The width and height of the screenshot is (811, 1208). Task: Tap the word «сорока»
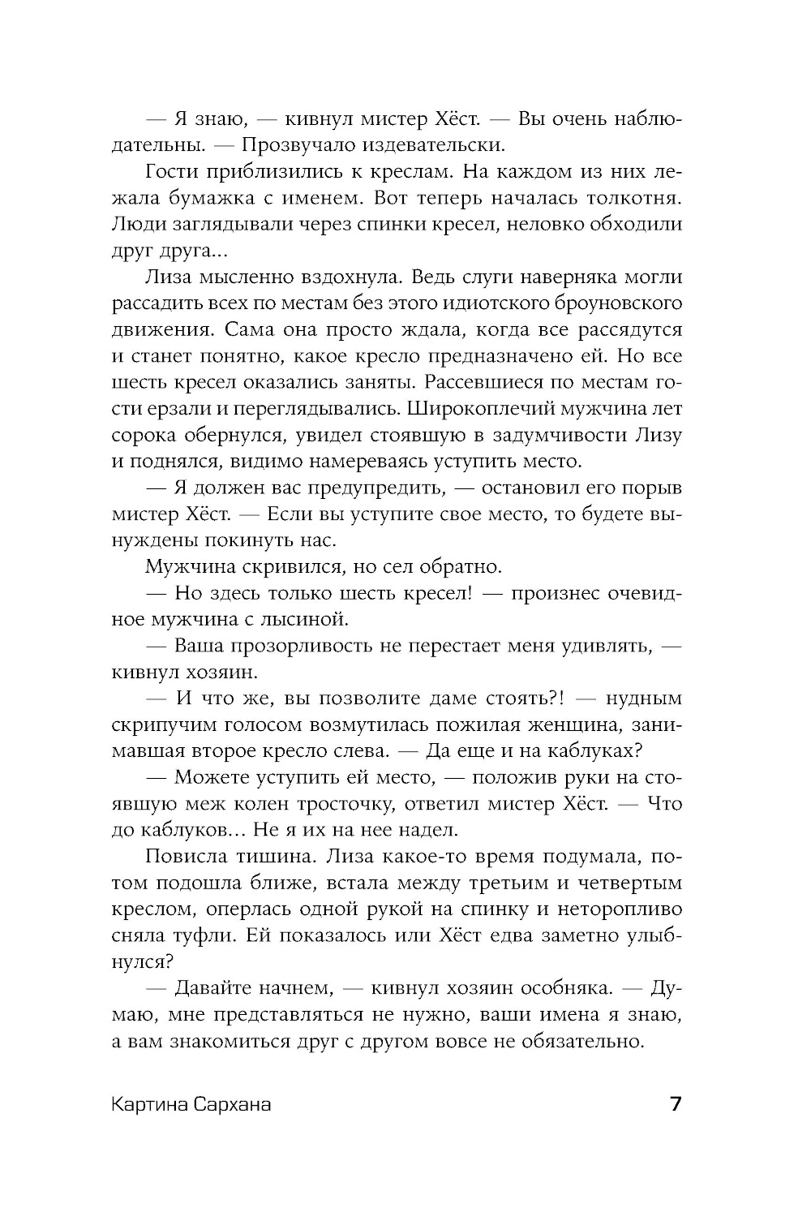(x=144, y=436)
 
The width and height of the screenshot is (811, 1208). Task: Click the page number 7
(x=675, y=1106)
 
